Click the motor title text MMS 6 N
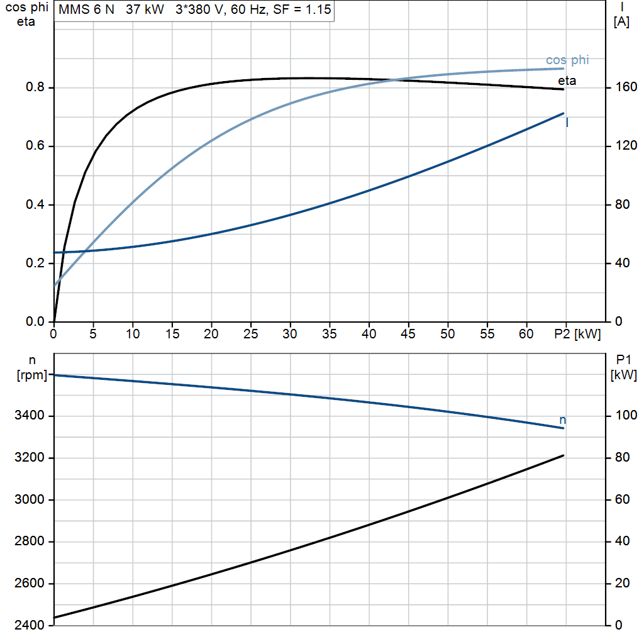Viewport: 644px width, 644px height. point(86,9)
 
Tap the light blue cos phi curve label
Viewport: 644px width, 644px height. point(567,60)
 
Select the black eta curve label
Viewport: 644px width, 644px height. point(567,80)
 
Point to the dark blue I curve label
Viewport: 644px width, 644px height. point(567,123)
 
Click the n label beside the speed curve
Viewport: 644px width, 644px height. point(563,419)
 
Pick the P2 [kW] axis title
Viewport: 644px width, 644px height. point(577,334)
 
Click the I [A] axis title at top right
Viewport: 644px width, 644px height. point(621,14)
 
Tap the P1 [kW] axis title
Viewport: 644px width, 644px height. point(623,367)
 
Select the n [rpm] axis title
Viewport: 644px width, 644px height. point(32,367)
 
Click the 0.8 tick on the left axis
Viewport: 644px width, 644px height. point(35,87)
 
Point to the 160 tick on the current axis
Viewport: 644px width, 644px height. point(626,87)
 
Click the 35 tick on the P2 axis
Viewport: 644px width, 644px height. point(330,334)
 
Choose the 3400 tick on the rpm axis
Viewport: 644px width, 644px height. point(29,415)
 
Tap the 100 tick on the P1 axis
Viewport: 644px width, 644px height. point(626,415)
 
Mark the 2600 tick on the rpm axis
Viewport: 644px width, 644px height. point(29,583)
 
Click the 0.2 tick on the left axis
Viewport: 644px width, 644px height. point(35,263)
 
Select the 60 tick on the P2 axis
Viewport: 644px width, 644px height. point(526,334)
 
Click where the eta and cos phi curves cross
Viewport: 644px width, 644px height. point(394,80)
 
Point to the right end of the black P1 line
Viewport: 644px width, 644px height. point(563,455)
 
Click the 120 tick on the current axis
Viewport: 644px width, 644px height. point(626,146)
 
